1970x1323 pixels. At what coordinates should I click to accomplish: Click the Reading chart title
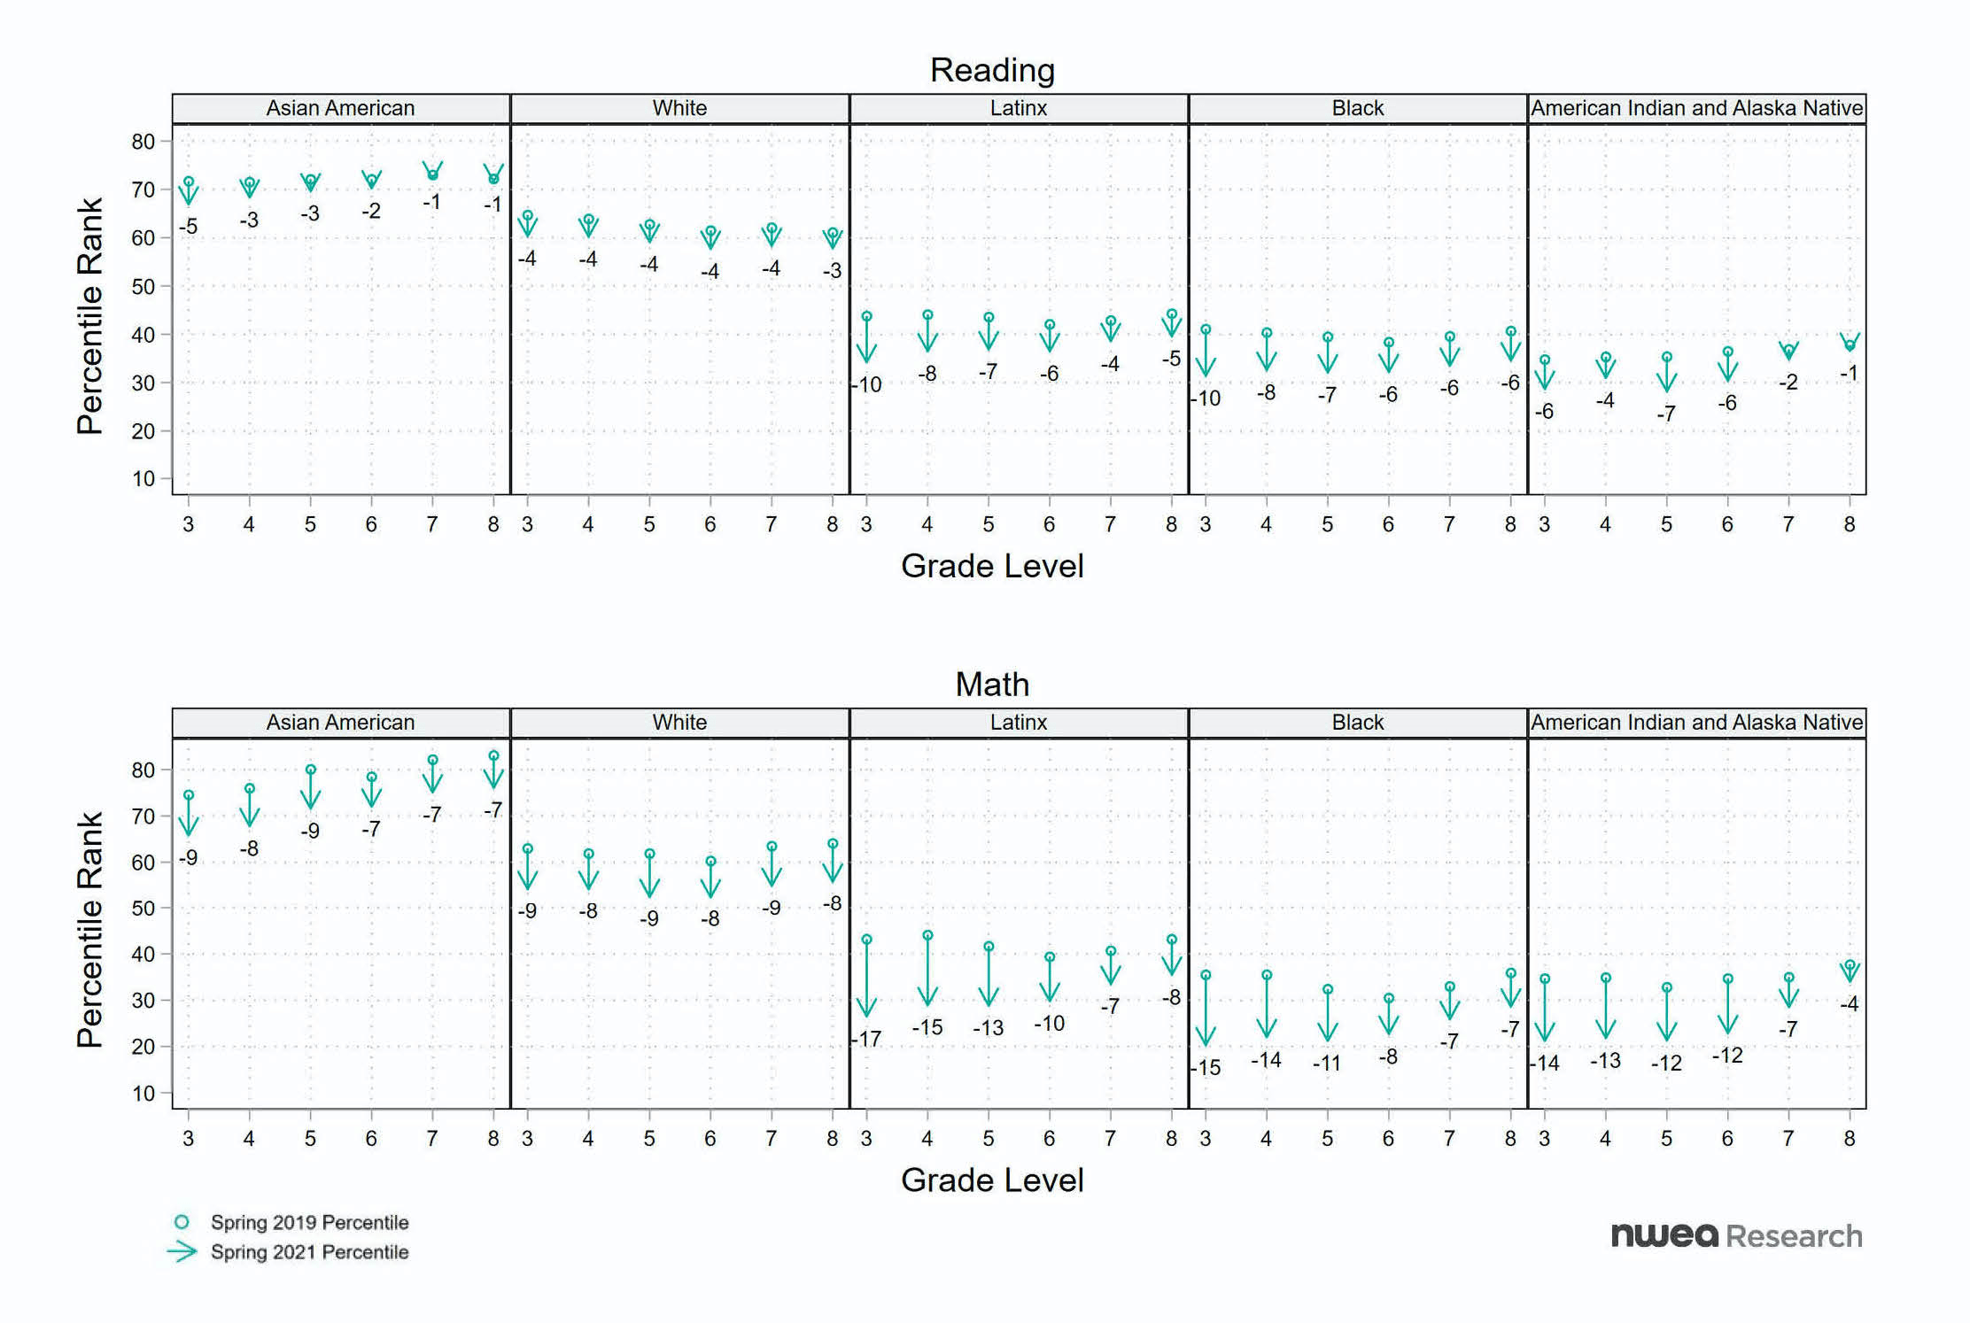[992, 70]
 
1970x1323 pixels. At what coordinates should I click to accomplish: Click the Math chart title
[992, 685]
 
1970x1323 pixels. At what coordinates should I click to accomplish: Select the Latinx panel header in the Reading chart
[1019, 108]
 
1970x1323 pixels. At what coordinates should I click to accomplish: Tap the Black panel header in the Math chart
[1357, 723]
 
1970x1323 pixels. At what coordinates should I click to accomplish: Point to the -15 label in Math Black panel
[1207, 1067]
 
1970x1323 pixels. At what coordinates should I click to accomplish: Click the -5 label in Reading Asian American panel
[188, 227]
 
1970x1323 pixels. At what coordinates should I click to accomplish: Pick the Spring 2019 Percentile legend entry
[309, 1222]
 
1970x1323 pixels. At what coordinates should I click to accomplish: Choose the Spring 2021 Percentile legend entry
[309, 1252]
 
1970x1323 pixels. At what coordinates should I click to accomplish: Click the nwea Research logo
[1736, 1235]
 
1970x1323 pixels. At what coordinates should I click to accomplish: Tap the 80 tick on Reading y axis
[143, 142]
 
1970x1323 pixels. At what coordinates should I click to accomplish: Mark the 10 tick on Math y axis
[143, 1093]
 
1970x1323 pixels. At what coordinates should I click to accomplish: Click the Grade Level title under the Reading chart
[992, 566]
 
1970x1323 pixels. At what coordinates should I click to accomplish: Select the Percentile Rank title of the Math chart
[90, 930]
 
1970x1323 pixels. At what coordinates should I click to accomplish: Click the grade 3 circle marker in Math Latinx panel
[867, 939]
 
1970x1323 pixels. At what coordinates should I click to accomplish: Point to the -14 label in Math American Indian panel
[1547, 1063]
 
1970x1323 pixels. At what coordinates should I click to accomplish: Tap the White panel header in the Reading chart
[679, 108]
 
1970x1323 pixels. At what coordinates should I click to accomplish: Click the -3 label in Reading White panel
[832, 270]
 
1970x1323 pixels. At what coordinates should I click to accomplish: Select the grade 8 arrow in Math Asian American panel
[493, 772]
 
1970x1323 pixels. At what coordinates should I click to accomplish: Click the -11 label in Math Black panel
[1327, 1064]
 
